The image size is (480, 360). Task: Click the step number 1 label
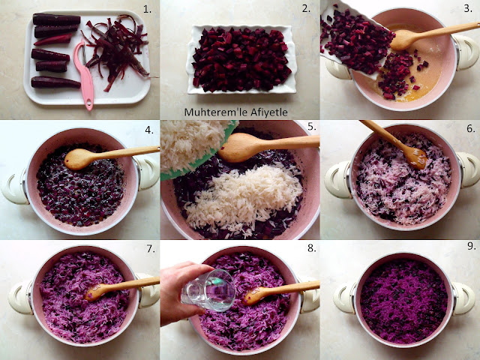click(147, 10)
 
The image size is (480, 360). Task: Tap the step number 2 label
click(306, 9)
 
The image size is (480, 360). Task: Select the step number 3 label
click(468, 8)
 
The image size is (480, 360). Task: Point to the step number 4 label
click(149, 130)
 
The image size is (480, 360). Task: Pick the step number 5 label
click(312, 127)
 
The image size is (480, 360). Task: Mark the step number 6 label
click(471, 128)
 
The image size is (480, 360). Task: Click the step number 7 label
click(151, 248)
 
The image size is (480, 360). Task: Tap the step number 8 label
click(312, 248)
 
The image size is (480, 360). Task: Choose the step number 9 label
click(472, 246)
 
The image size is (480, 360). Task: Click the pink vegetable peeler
click(85, 73)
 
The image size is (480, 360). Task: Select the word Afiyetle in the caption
click(269, 112)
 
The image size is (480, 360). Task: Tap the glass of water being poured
click(208, 290)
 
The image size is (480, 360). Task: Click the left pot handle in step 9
click(343, 298)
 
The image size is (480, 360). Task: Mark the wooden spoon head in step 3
click(404, 40)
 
